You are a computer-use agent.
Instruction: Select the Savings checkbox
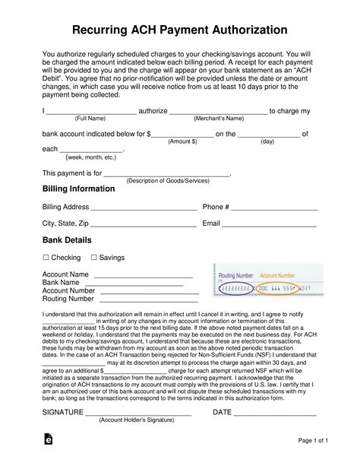pyautogui.click(x=93, y=258)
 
